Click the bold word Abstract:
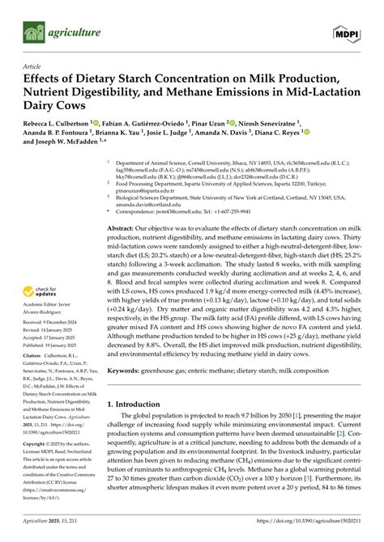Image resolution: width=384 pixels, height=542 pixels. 124,230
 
